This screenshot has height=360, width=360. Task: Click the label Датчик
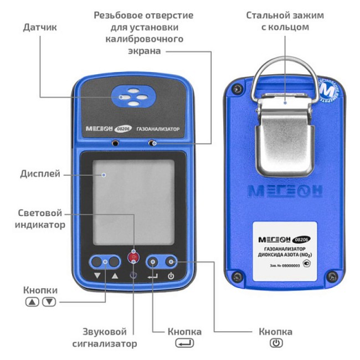coord(39,26)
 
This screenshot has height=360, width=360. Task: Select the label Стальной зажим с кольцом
coord(285,20)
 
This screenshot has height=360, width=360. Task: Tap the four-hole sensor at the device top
coord(131,97)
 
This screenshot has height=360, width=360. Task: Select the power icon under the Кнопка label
coord(275,343)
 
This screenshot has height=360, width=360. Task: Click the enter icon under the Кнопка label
coord(184,343)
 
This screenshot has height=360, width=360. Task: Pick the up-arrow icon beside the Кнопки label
coord(32,302)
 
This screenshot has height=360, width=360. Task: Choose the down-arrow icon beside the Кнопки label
coord(49,302)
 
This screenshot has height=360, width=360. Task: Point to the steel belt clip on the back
coord(285,136)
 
